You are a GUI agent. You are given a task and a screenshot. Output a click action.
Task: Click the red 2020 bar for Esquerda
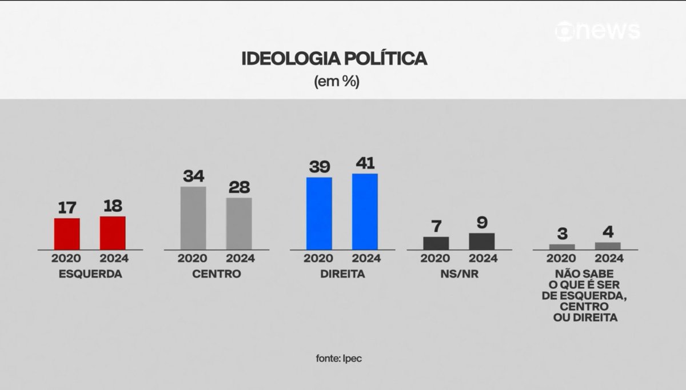(x=67, y=234)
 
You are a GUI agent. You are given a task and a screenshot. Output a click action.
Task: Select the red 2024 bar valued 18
(x=113, y=232)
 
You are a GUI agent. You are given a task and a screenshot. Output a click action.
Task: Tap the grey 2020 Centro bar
(x=193, y=218)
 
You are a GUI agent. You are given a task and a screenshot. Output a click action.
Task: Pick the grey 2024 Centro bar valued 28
(x=238, y=223)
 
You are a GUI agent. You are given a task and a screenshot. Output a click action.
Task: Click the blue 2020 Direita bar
(x=318, y=213)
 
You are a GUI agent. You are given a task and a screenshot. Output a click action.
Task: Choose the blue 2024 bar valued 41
(x=365, y=211)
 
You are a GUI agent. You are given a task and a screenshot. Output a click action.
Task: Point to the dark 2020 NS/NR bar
(x=436, y=243)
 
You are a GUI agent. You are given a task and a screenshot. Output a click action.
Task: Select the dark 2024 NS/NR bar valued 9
(x=482, y=241)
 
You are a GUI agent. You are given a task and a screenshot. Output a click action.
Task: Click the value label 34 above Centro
(x=193, y=176)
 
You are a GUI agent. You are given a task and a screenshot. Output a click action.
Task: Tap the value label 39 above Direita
(x=318, y=167)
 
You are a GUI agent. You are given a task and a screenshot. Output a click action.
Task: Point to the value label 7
(x=436, y=226)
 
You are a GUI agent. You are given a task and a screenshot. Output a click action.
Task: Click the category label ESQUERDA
(x=90, y=274)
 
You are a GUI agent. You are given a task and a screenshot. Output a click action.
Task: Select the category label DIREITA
(x=341, y=274)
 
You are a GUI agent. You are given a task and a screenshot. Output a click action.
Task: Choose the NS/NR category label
(x=459, y=274)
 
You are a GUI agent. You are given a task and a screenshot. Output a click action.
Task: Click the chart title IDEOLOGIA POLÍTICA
(x=335, y=60)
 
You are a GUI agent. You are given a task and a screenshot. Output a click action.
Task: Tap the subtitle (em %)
(x=336, y=81)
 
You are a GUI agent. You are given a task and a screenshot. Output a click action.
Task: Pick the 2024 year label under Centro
(x=238, y=258)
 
